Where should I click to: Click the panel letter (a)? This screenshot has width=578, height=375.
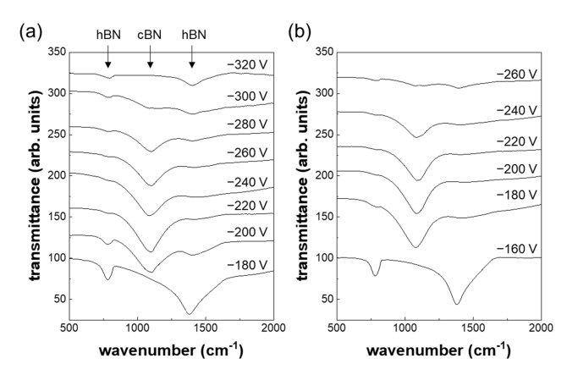(x=25, y=35)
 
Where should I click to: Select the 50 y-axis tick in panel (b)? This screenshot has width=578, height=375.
(x=325, y=299)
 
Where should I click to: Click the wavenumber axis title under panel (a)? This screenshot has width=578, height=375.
(x=171, y=350)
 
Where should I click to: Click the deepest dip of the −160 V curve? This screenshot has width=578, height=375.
(x=457, y=303)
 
